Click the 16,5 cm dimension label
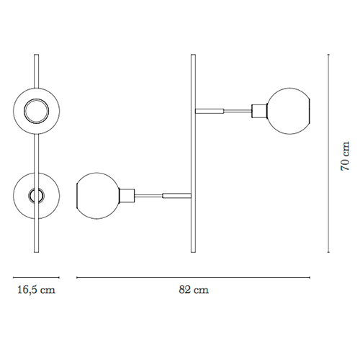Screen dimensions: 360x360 tap(36, 289)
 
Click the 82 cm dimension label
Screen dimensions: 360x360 tap(194, 289)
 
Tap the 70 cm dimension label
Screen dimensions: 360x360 tap(345, 156)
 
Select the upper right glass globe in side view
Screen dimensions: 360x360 tap(289, 111)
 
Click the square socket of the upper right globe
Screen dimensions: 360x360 tap(260, 111)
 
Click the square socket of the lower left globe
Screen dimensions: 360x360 tap(127, 196)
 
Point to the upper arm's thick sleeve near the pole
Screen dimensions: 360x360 tap(210, 111)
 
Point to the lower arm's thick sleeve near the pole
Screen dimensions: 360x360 tap(177, 196)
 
